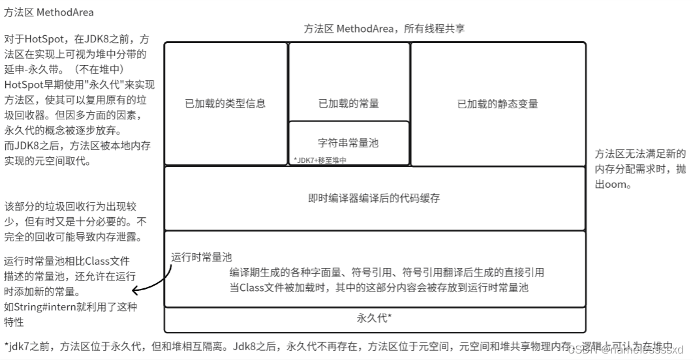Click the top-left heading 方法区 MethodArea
[48, 12]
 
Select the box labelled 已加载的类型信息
[225, 103]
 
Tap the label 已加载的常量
[348, 103]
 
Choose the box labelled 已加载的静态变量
[497, 104]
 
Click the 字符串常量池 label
[348, 142]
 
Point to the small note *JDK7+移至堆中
[319, 160]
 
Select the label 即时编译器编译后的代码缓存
[374, 198]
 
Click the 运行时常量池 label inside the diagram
[202, 257]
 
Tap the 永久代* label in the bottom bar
[374, 318]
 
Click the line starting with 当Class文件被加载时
[378, 287]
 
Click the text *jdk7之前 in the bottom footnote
[26, 346]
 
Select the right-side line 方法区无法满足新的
[639, 155]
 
